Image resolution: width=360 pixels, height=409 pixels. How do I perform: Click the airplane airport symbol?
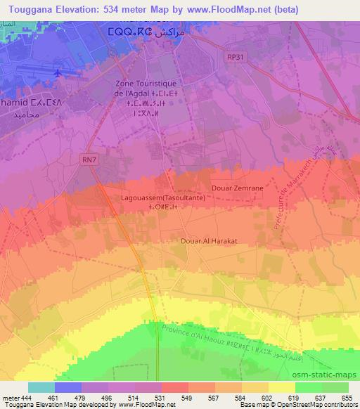(x=58, y=73)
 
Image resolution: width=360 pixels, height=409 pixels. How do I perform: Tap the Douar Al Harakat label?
(x=209, y=240)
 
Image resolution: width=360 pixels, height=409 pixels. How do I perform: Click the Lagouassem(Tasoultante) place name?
(x=159, y=199)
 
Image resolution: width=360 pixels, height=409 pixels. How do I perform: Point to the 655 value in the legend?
(x=349, y=397)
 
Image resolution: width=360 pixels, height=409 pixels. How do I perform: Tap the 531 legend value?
(x=162, y=397)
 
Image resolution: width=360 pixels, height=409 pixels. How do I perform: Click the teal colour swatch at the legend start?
(x=41, y=387)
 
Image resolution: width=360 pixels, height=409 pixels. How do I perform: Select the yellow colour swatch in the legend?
(x=282, y=387)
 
